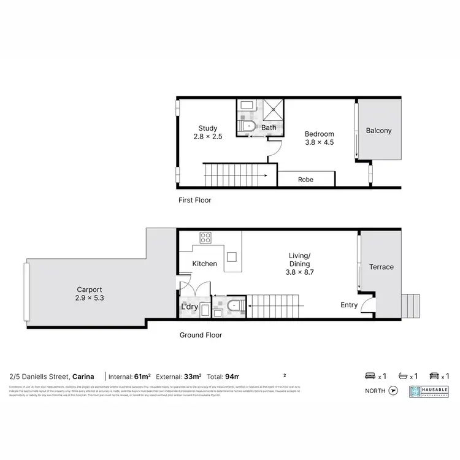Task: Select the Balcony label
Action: point(378,131)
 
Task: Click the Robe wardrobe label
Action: point(305,180)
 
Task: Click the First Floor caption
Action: point(194,200)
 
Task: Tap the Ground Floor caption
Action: point(200,335)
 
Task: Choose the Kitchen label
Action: point(205,264)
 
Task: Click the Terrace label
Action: point(381,267)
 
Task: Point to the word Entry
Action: point(350,305)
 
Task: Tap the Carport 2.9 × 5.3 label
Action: point(89,294)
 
